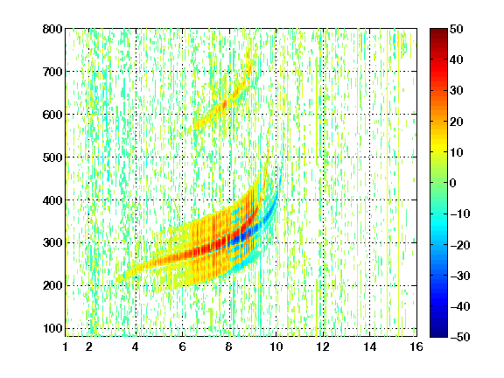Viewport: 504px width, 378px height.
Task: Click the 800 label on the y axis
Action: pos(52,29)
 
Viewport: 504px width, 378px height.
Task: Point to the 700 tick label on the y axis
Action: pos(52,72)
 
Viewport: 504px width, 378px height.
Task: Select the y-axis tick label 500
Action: pos(52,157)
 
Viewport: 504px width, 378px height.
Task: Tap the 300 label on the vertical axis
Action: pos(52,242)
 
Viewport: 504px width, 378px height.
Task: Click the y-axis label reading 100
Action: pos(52,328)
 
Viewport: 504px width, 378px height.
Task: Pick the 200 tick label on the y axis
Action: pos(52,285)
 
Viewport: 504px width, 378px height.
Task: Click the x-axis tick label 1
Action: pos(66,346)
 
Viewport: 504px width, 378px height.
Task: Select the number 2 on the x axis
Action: pos(89,346)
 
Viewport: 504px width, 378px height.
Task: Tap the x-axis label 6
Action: pos(182,346)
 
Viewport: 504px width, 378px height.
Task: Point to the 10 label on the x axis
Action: pos(276,346)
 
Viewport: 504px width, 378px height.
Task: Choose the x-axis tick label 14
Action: pos(369,346)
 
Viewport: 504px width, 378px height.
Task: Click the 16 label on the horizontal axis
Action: pos(416,346)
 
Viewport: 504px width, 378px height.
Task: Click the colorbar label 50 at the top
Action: pos(456,29)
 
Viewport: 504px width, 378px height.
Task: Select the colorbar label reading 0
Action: pos(453,183)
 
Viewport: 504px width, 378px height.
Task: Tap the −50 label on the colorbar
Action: pos(460,337)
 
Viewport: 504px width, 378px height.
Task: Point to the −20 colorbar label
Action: pos(460,245)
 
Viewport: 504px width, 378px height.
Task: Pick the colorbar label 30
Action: pos(456,91)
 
